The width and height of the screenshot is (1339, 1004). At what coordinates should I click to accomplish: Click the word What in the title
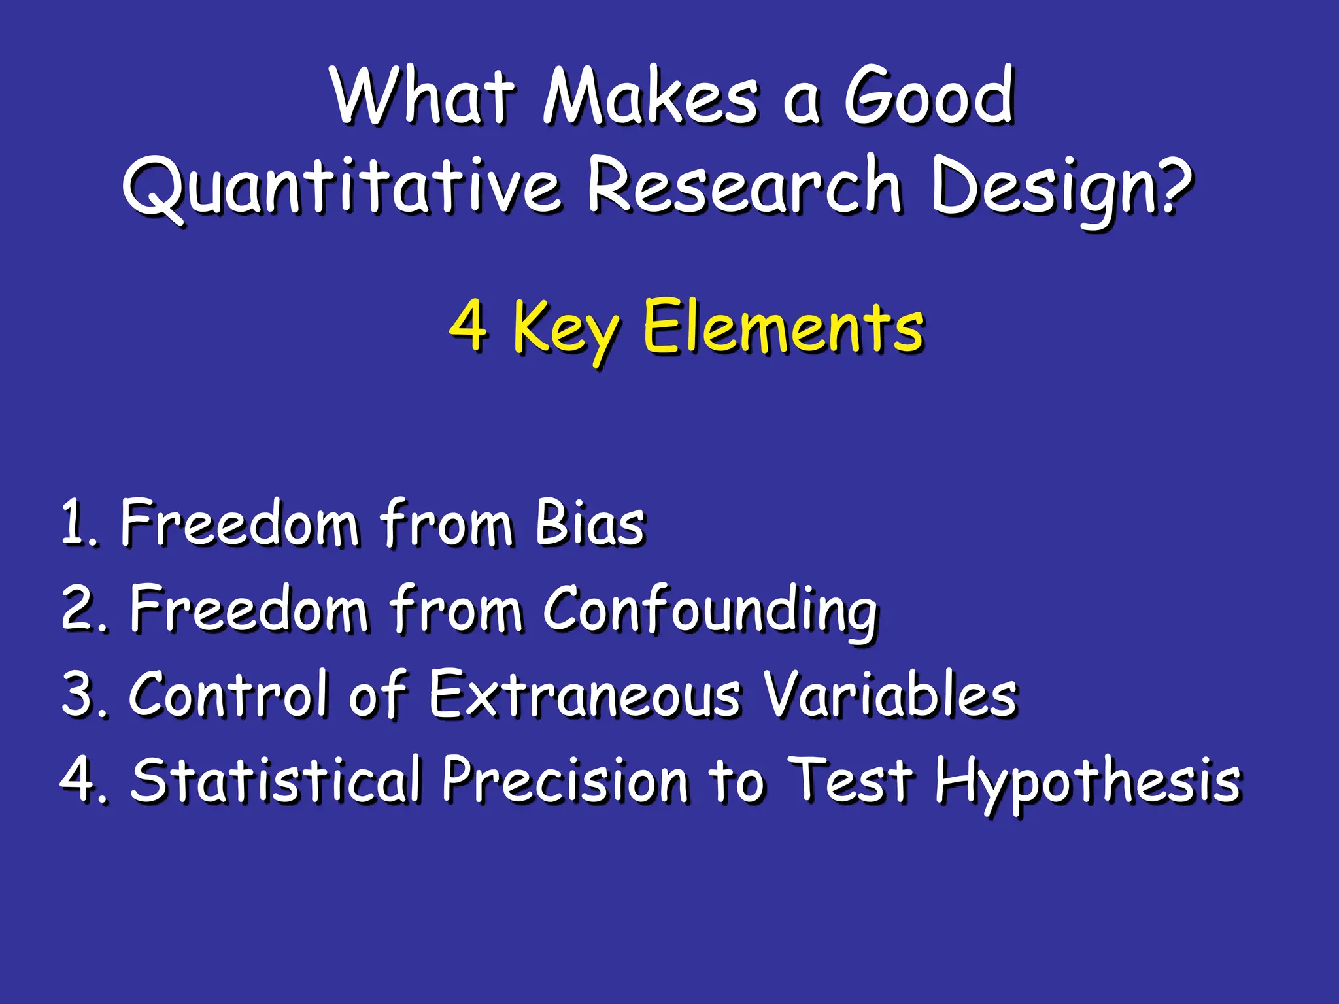point(424,97)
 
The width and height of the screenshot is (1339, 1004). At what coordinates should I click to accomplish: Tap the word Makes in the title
point(651,97)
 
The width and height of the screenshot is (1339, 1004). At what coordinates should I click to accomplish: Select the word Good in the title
point(928,97)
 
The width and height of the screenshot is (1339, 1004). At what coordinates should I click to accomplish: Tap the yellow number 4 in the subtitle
point(468,325)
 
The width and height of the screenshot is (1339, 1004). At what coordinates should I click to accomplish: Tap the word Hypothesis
point(1087,782)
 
